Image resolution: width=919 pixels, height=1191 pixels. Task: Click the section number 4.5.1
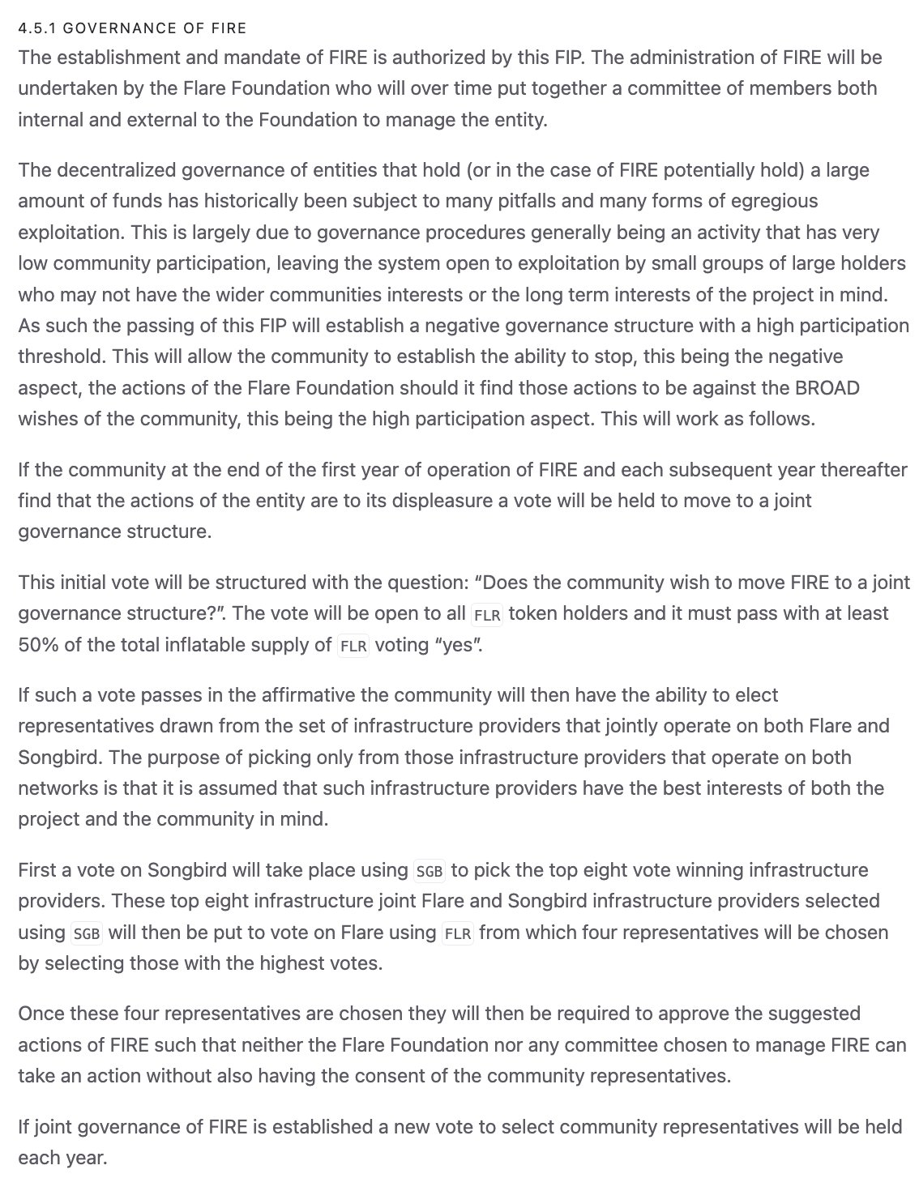pos(37,28)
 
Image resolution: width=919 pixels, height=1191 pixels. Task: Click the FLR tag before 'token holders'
pos(487,615)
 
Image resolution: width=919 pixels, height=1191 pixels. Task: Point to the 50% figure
pos(36,645)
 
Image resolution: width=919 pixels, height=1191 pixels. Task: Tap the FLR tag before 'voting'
pos(353,647)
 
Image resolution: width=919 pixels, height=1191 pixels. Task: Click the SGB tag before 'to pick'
pos(430,872)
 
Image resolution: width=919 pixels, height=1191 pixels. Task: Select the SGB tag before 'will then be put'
pos(87,933)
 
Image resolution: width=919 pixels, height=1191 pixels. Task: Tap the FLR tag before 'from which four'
pos(458,933)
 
